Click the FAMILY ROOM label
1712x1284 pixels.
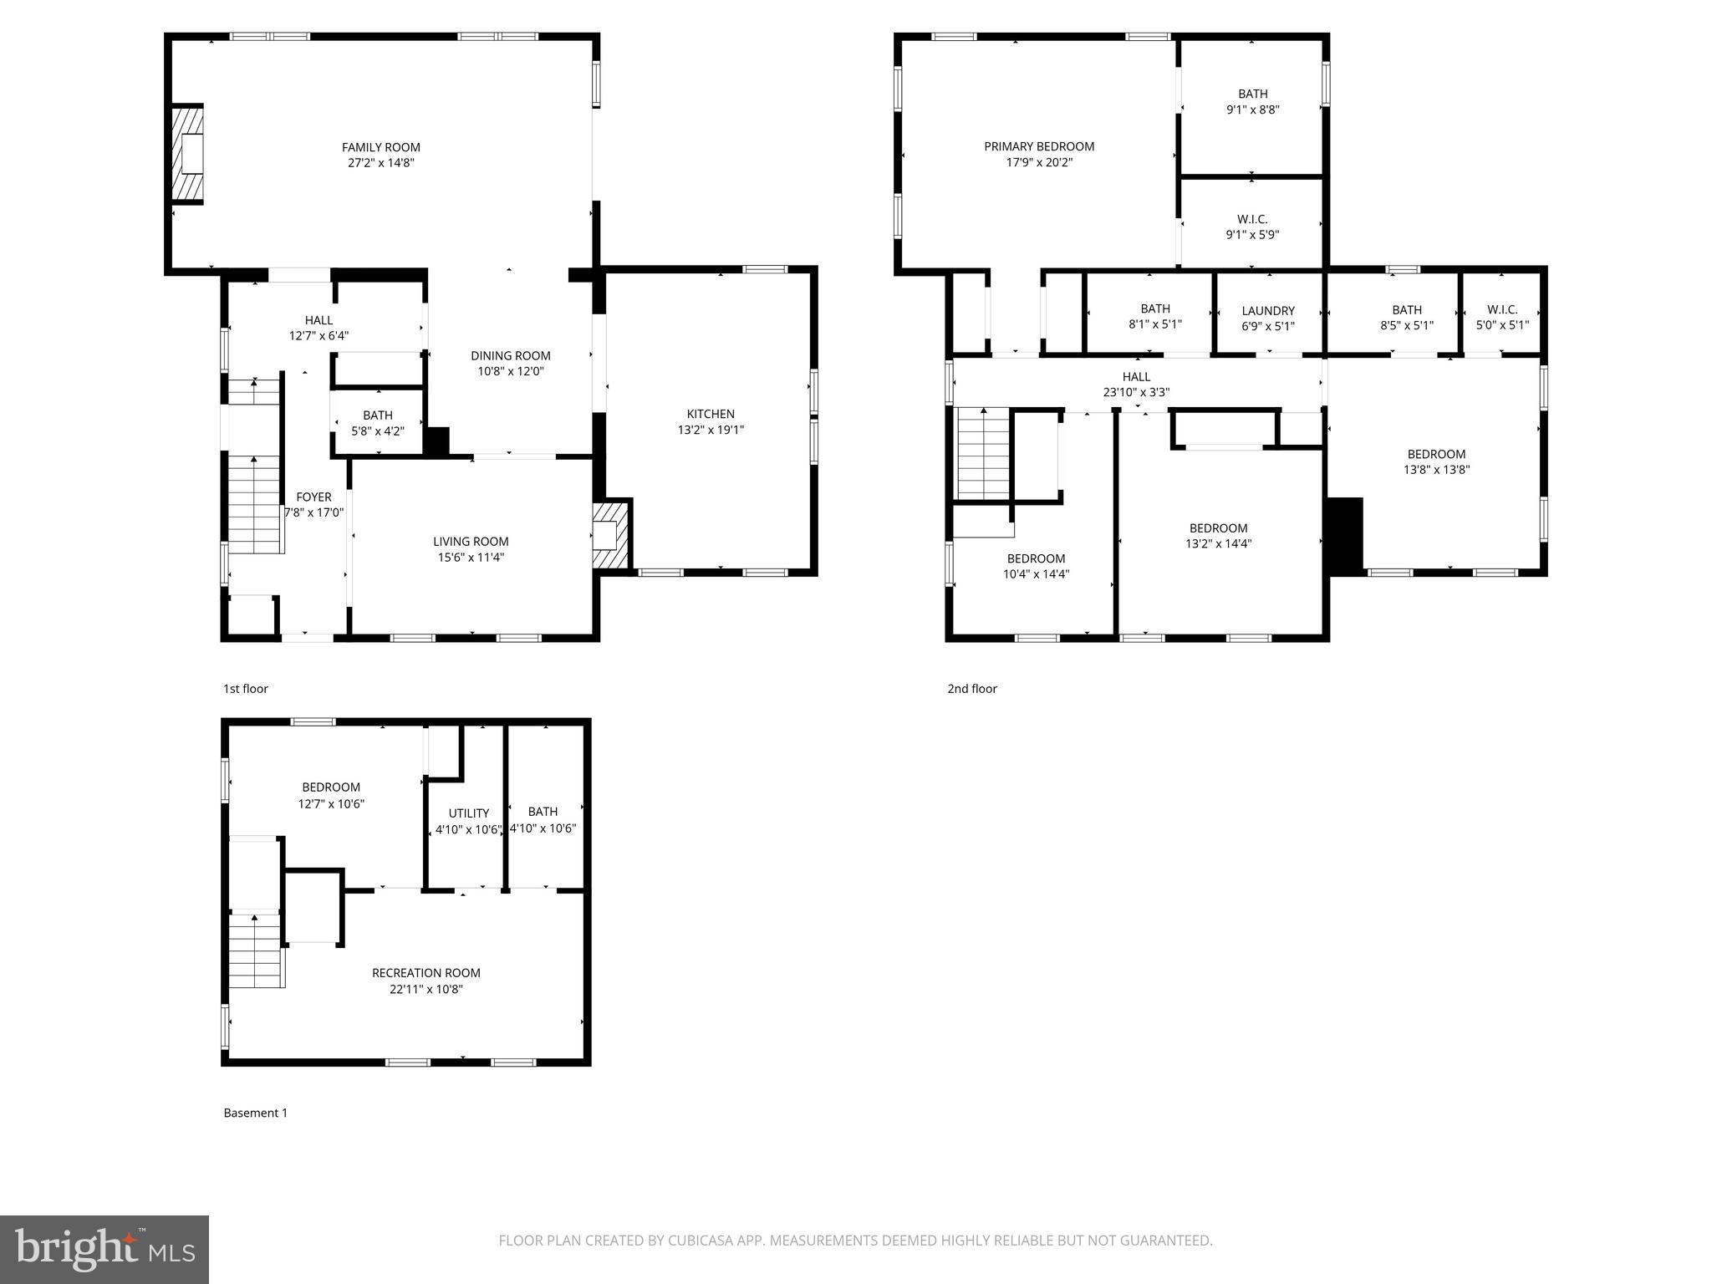click(x=380, y=148)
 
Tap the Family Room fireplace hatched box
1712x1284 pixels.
click(x=188, y=154)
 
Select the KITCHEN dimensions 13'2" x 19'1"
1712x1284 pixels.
click(x=711, y=430)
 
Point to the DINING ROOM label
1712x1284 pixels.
click(x=510, y=355)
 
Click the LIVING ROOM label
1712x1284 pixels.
click(x=471, y=542)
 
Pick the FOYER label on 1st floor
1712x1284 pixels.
click(x=313, y=497)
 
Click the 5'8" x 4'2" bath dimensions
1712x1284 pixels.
click(x=378, y=431)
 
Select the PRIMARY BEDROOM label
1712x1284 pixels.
click(x=1039, y=147)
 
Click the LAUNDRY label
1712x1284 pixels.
click(x=1268, y=311)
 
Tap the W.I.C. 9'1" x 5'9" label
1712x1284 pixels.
click(x=1252, y=227)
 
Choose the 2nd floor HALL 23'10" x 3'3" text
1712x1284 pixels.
click(x=1136, y=385)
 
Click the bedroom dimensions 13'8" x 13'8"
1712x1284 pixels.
click(x=1436, y=470)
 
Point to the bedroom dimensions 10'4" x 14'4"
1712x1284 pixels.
click(x=1036, y=574)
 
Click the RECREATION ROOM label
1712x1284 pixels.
click(x=425, y=973)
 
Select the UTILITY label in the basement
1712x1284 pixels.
click(x=468, y=813)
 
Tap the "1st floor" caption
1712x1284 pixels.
click(x=246, y=689)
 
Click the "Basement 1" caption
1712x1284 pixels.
click(x=255, y=1113)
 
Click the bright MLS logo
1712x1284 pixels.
click(x=104, y=1250)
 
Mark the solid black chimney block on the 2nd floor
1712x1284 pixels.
click(x=1345, y=536)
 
